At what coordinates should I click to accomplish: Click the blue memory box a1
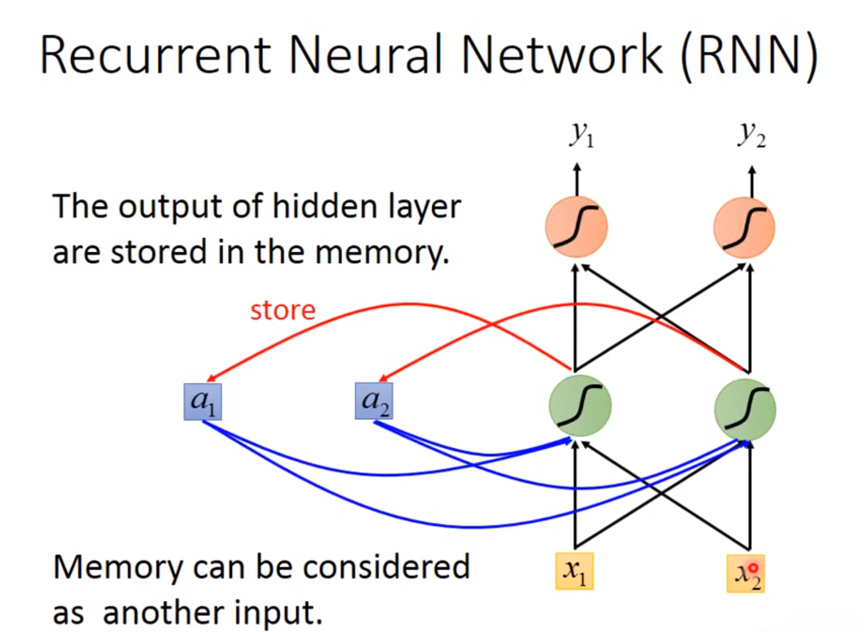[x=203, y=402]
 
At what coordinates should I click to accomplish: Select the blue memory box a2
[x=374, y=401]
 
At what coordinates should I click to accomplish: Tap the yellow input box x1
[x=574, y=571]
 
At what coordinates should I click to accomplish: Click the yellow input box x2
[x=745, y=573]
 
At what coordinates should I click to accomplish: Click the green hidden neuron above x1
[x=580, y=406]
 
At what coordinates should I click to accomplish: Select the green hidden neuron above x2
[x=745, y=409]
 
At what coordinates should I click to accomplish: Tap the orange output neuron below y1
[x=576, y=227]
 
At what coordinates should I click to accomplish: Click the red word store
[x=282, y=311]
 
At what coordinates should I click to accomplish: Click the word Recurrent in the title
[x=155, y=55]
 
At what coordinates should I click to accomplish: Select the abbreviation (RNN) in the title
[x=749, y=55]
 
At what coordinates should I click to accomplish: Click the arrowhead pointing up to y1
[x=577, y=167]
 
